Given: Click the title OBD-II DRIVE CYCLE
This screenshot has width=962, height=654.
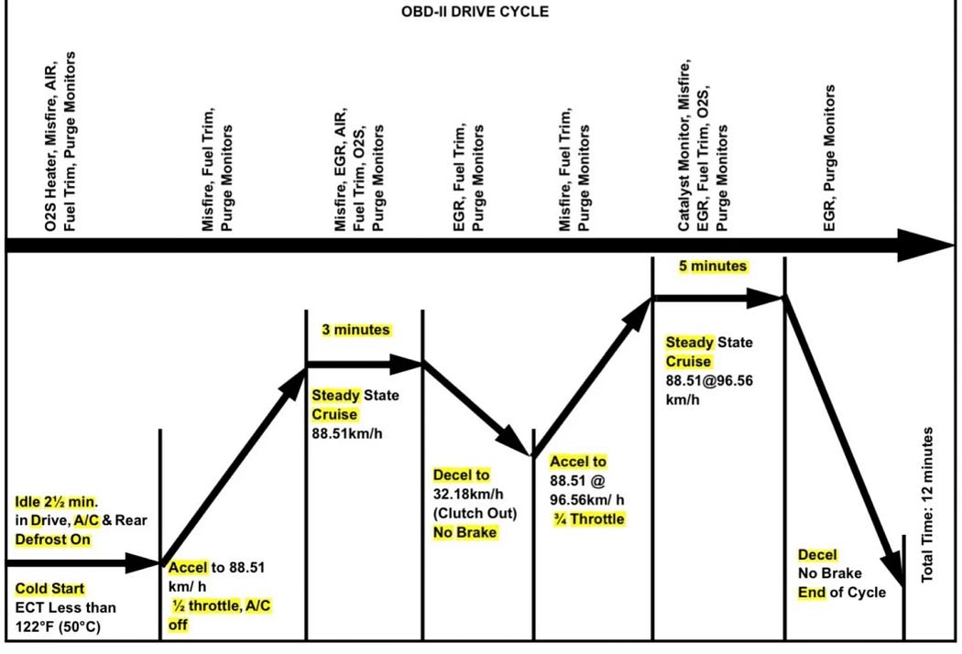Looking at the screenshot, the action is pyautogui.click(x=475, y=12).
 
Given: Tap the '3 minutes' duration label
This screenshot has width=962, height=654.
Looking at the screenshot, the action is pyautogui.click(x=355, y=330).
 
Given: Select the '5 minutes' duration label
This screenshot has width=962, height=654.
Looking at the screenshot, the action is pyautogui.click(x=713, y=267).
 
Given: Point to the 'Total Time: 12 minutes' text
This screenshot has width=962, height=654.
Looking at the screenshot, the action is pyautogui.click(x=927, y=505).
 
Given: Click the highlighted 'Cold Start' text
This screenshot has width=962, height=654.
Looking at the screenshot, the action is pyautogui.click(x=49, y=589).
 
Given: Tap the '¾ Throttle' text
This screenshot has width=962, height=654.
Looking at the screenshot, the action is pyautogui.click(x=589, y=519).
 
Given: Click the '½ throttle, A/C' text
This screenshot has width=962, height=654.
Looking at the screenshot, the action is pyautogui.click(x=221, y=606).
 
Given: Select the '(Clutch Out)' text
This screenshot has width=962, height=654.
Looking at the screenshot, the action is pyautogui.click(x=475, y=513).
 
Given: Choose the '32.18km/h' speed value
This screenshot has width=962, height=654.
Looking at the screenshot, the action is pyautogui.click(x=468, y=494).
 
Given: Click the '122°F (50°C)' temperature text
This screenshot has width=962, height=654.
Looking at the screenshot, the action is pyautogui.click(x=58, y=627).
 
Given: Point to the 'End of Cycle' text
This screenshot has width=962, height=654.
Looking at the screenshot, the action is pyautogui.click(x=842, y=593).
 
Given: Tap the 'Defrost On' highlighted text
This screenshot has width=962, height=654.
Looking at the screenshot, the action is pyautogui.click(x=53, y=540).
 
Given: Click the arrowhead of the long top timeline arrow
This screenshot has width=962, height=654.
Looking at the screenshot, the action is pyautogui.click(x=925, y=245).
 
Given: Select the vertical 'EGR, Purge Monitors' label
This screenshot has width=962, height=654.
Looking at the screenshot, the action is pyautogui.click(x=829, y=158).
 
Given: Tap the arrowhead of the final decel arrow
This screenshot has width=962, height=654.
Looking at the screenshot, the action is pyautogui.click(x=892, y=568).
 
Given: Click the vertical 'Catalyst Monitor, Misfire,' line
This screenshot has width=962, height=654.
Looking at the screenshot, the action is pyautogui.click(x=683, y=146).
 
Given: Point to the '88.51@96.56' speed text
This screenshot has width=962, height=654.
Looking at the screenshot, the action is pyautogui.click(x=709, y=381).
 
